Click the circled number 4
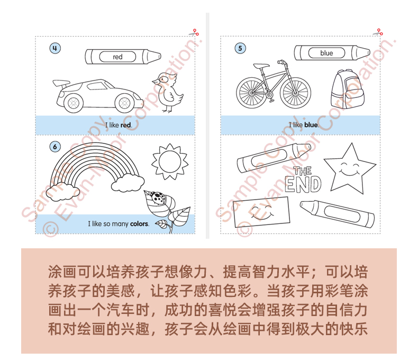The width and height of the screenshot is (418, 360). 55,48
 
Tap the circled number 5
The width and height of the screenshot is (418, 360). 240,48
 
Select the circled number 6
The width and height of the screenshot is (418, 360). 55,147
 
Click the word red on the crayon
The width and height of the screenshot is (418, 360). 117,57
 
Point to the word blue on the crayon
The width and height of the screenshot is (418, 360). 326,53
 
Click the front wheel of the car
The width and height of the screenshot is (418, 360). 124,103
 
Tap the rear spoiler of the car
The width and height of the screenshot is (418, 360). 61,83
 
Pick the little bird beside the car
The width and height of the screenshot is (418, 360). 167,92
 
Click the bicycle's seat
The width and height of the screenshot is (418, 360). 261,66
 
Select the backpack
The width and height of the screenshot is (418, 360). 347,89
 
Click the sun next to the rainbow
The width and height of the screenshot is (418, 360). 170,161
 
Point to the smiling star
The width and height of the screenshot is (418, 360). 350,167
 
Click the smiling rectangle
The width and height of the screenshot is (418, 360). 261,212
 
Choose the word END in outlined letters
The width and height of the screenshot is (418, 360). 303,184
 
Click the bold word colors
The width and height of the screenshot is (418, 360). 139,224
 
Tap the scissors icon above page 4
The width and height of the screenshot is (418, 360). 194,32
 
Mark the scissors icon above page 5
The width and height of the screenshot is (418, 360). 378,32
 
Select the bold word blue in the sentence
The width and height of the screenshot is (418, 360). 311,125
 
